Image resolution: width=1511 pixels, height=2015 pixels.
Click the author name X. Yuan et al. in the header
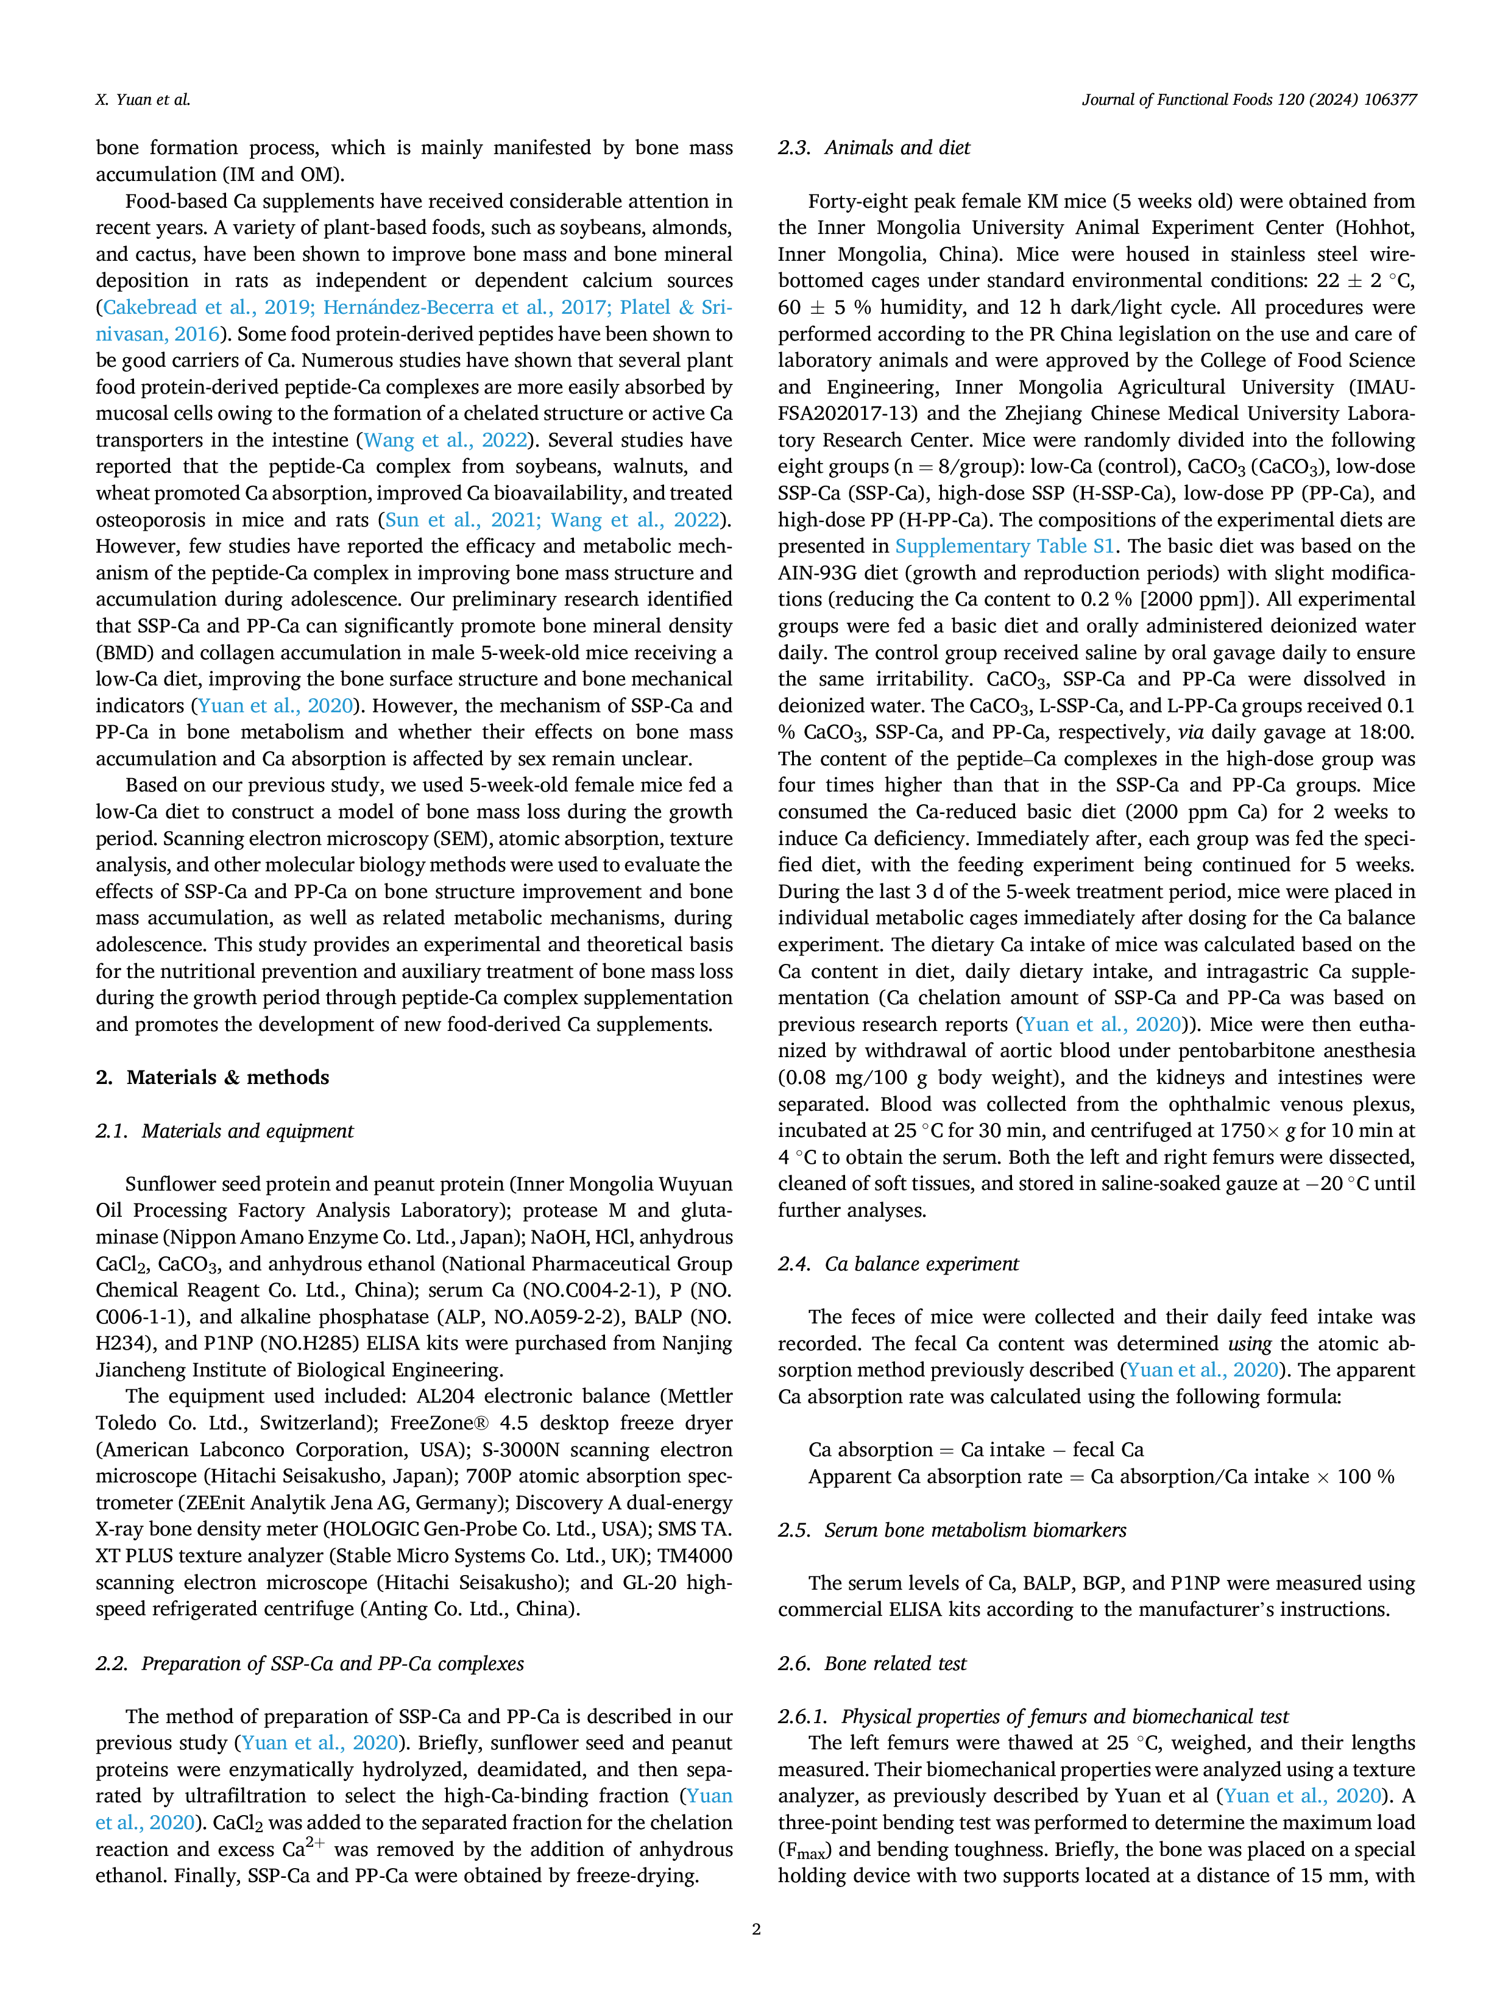(143, 100)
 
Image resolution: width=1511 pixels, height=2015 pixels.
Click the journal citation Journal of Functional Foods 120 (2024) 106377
(1248, 100)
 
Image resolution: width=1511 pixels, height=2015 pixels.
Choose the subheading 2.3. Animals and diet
(874, 147)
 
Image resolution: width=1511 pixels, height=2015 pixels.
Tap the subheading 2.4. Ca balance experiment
(898, 1264)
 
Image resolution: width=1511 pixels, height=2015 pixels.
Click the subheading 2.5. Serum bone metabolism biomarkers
(952, 1529)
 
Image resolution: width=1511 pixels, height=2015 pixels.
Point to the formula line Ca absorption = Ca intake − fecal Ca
(975, 1450)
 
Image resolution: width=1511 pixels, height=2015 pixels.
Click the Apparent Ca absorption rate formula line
(1101, 1476)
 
